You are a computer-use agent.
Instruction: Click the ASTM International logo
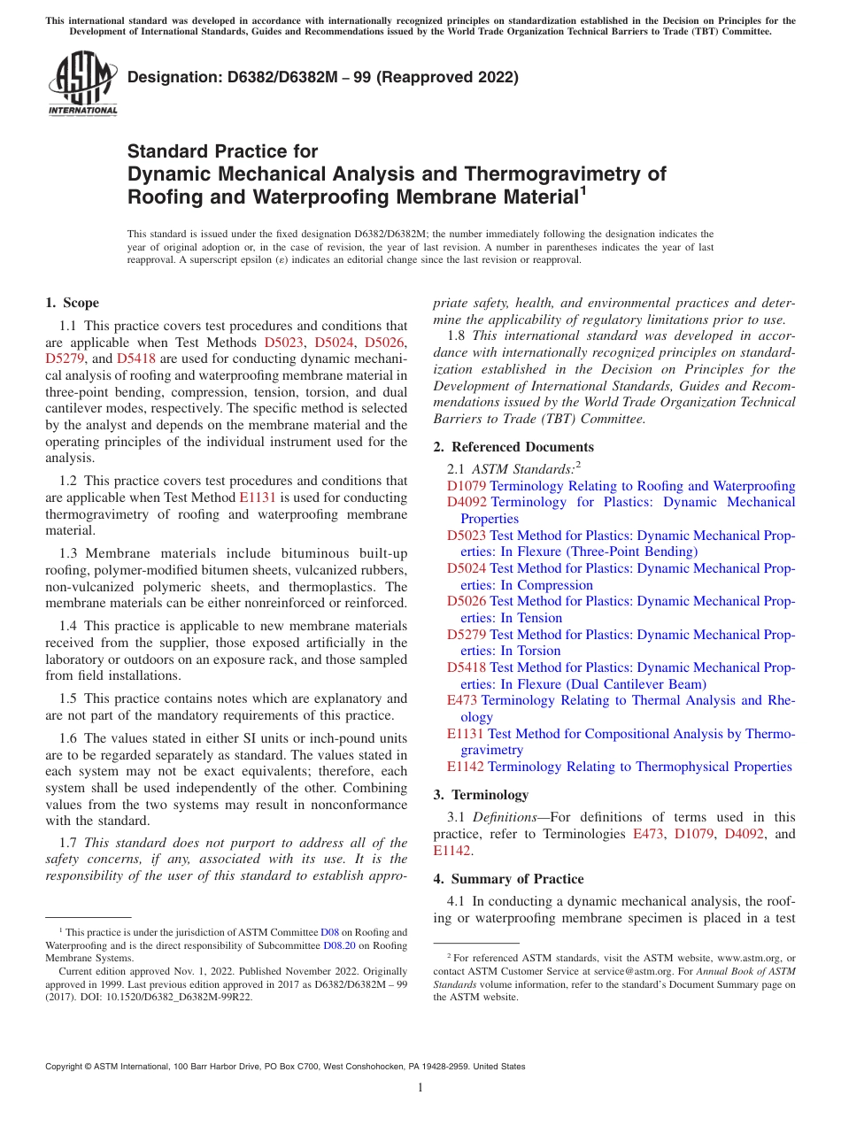(x=82, y=85)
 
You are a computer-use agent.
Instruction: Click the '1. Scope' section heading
(x=72, y=303)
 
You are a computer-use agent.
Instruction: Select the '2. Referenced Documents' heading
(x=513, y=447)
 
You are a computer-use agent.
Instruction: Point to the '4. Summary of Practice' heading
(x=508, y=879)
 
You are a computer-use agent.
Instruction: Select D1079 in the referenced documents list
(x=467, y=486)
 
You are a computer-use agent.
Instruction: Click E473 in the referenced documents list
(x=462, y=700)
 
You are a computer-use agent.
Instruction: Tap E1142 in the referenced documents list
(x=466, y=767)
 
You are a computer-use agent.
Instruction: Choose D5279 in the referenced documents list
(x=467, y=635)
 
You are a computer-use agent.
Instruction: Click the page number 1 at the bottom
(x=420, y=1087)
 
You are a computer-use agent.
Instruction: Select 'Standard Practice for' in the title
(x=222, y=151)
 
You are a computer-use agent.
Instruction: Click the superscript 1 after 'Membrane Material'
(x=582, y=189)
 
